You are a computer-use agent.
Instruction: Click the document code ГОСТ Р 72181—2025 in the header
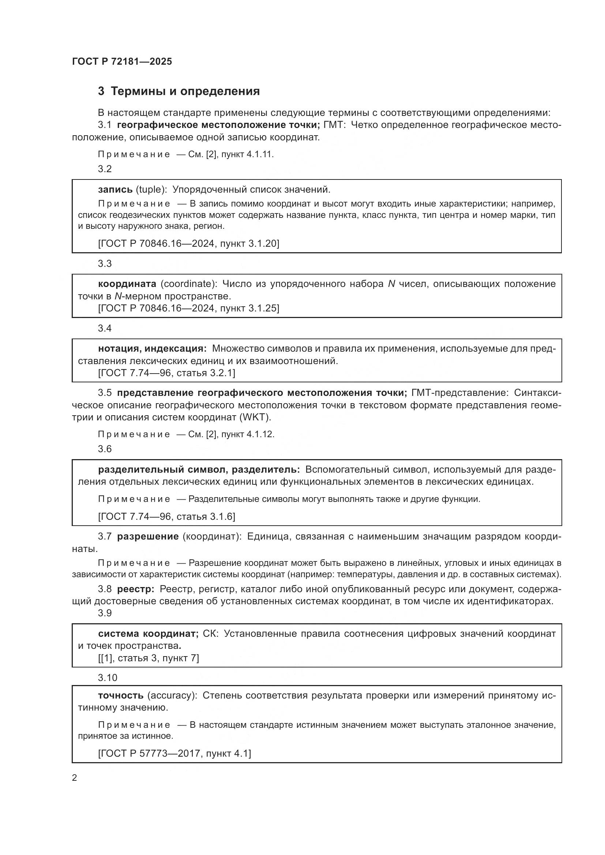point(122,61)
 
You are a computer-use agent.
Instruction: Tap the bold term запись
point(115,190)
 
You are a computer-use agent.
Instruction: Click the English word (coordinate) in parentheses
point(189,284)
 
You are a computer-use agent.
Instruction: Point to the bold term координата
point(127,284)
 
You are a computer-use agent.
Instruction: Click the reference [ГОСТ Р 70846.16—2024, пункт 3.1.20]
point(188,243)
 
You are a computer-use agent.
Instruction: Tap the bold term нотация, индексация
point(152,349)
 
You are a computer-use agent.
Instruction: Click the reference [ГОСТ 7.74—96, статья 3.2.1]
point(166,373)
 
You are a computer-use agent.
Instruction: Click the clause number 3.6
point(105,449)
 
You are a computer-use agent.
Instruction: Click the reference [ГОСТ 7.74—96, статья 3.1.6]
point(166,516)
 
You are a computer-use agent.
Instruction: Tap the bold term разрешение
point(148,536)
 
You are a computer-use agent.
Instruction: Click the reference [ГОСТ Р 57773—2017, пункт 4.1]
point(174,753)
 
